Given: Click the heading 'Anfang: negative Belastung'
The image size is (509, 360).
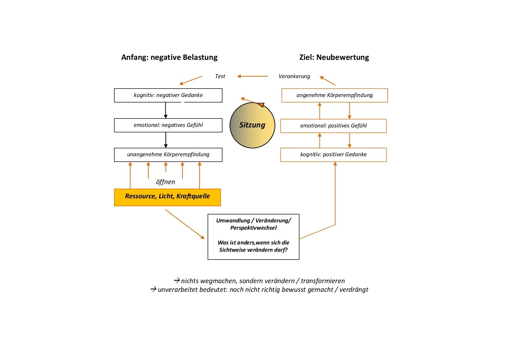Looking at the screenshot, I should click(169, 57).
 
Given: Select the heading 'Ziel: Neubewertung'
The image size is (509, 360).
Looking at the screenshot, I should click(334, 57).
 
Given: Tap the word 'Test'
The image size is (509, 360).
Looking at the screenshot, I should click(220, 76).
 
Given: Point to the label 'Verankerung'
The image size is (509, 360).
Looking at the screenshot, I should click(294, 76).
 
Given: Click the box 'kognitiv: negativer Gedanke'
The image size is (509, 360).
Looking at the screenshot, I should click(168, 95).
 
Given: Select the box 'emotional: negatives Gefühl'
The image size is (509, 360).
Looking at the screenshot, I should click(168, 125).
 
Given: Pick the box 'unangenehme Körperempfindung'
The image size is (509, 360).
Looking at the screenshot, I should click(168, 154).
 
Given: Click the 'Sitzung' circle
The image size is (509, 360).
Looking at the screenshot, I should click(252, 125).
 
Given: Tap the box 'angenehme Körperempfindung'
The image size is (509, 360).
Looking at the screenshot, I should click(335, 95).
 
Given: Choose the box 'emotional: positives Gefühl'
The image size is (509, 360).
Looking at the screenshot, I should click(333, 126).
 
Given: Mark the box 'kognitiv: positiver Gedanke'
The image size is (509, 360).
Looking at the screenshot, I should click(333, 154).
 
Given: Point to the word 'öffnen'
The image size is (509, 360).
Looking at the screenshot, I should click(165, 182).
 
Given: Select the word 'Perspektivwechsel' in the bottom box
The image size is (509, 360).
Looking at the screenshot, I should click(253, 228).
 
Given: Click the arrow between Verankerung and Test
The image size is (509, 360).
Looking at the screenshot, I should click(252, 76).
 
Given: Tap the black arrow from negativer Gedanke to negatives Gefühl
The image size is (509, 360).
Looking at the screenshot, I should click(166, 110).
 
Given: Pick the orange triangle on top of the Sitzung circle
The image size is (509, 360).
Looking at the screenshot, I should click(261, 105).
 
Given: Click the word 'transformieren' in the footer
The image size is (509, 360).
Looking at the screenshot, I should click(323, 281).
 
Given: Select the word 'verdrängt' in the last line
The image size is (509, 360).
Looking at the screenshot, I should click(354, 290).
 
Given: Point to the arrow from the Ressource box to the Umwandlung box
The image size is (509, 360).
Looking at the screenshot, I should click(185, 224).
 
